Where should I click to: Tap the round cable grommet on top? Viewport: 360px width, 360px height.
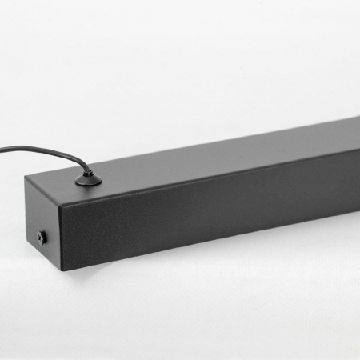[x=87, y=182]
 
